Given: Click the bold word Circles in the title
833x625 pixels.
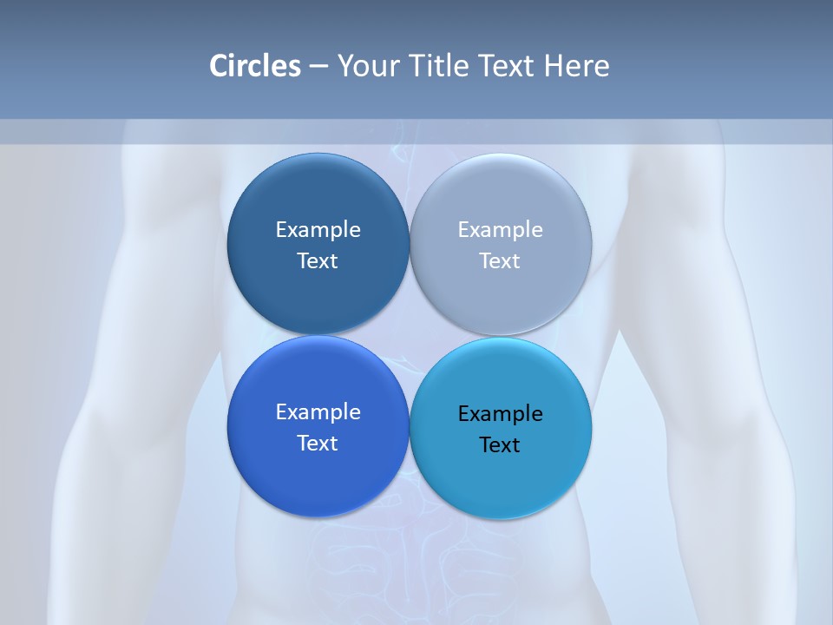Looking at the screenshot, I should [x=254, y=66].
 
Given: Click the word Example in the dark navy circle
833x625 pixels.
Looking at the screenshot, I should [x=318, y=229].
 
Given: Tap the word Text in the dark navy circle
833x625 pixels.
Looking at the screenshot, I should [x=318, y=260].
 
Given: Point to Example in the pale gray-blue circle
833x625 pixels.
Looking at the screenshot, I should [x=500, y=229].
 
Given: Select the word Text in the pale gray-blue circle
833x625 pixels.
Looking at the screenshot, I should [x=500, y=260].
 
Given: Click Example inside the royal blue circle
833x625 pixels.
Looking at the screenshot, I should [x=318, y=411].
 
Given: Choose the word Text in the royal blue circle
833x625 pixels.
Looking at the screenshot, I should [x=318, y=443].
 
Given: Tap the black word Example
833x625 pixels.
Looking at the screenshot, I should [x=500, y=413].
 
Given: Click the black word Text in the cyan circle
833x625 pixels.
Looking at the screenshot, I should [x=500, y=444].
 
